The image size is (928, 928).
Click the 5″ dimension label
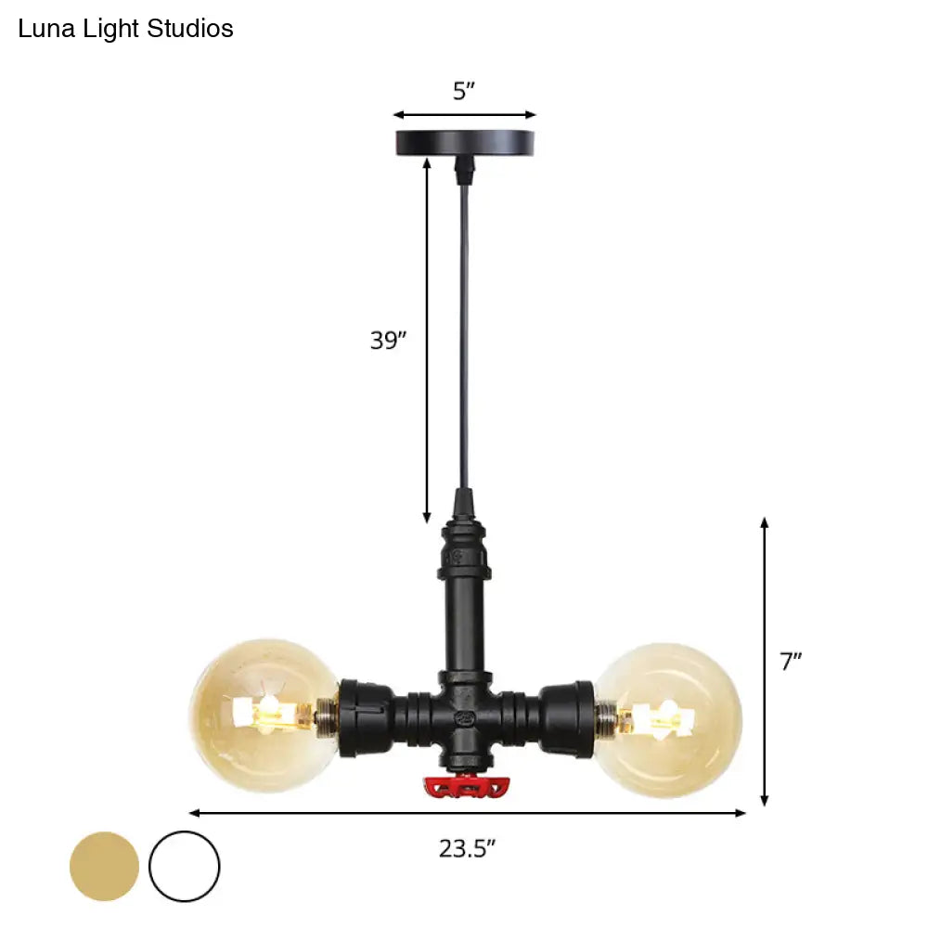click(x=464, y=91)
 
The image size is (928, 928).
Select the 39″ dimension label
click(x=388, y=341)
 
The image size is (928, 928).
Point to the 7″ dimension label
click(x=790, y=661)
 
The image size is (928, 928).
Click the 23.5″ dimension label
click(x=467, y=849)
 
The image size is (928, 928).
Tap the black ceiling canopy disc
click(x=465, y=143)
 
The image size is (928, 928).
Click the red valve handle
click(x=467, y=787)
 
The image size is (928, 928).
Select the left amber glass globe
click(x=264, y=715)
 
